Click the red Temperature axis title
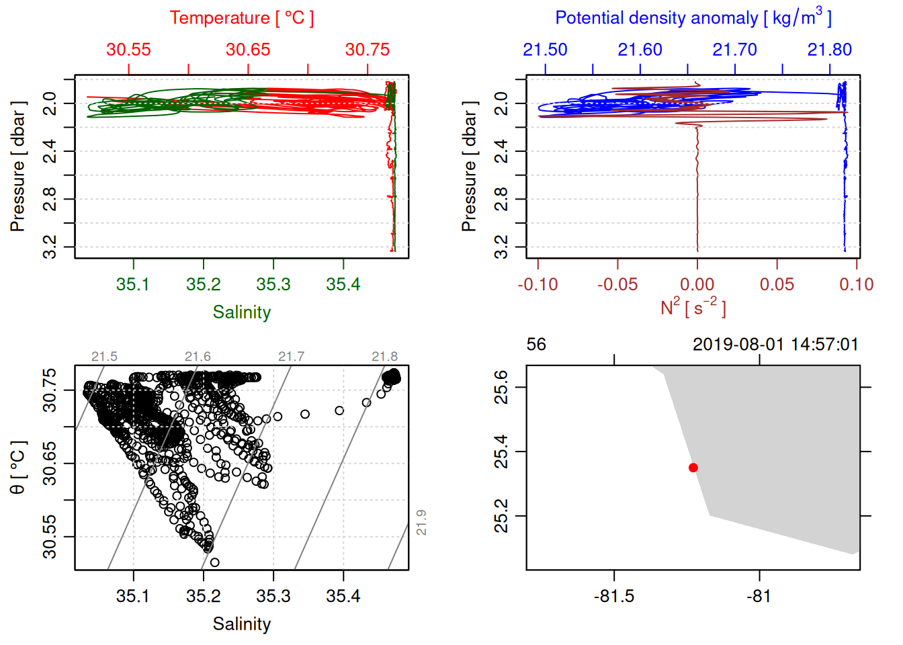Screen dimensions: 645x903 (x=241, y=18)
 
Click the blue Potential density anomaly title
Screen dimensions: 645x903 (x=693, y=18)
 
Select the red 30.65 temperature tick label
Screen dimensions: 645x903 (x=248, y=50)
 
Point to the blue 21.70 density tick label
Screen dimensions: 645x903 (x=734, y=50)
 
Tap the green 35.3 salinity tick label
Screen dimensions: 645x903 (x=273, y=284)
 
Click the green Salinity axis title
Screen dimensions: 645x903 (x=241, y=312)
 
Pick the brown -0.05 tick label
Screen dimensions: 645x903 (x=617, y=284)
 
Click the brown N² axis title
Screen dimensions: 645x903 (x=693, y=308)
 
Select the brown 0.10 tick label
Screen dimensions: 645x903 (x=856, y=284)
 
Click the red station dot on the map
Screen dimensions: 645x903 (x=693, y=468)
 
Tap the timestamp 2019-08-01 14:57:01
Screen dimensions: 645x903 (x=775, y=345)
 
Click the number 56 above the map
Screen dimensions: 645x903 (x=536, y=345)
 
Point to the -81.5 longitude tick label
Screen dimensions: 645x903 (x=614, y=596)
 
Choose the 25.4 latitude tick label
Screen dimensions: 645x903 (x=501, y=451)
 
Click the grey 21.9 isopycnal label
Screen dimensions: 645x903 (x=421, y=522)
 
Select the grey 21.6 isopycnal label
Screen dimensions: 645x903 (x=198, y=357)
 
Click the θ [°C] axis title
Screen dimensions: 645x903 (x=18, y=467)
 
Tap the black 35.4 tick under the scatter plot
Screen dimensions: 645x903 (x=343, y=596)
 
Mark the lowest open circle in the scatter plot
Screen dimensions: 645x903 (x=214, y=562)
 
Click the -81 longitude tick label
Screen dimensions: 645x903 (x=759, y=596)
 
